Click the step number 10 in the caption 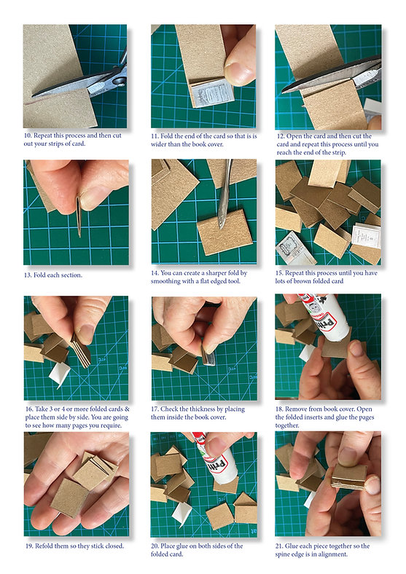[28, 135]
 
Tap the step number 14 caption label [155, 273]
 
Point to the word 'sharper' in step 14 [217, 273]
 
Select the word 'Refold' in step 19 [44, 546]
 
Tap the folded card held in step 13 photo [79, 216]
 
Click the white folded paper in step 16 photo [60, 374]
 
